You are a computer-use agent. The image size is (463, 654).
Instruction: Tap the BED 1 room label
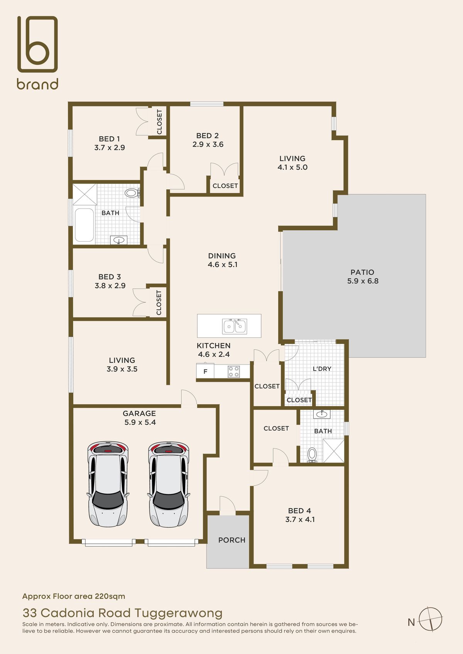109,139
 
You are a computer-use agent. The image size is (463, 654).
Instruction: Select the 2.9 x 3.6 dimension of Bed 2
208,144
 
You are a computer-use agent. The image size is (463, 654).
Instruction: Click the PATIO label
362,272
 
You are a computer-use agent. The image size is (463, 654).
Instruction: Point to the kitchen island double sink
235,326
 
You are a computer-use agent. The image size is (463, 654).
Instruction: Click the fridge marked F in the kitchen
205,372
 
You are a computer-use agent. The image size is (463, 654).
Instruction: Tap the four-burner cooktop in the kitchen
234,372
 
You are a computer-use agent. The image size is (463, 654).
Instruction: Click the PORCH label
232,540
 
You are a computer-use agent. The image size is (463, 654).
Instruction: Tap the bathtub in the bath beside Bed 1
84,225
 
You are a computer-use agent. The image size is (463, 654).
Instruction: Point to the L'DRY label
322,369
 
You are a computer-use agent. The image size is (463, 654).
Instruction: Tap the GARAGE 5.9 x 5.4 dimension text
140,422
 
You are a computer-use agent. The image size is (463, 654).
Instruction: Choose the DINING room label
222,256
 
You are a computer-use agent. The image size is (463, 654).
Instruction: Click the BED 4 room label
300,511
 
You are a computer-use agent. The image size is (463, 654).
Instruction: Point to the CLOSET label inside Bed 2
225,186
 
